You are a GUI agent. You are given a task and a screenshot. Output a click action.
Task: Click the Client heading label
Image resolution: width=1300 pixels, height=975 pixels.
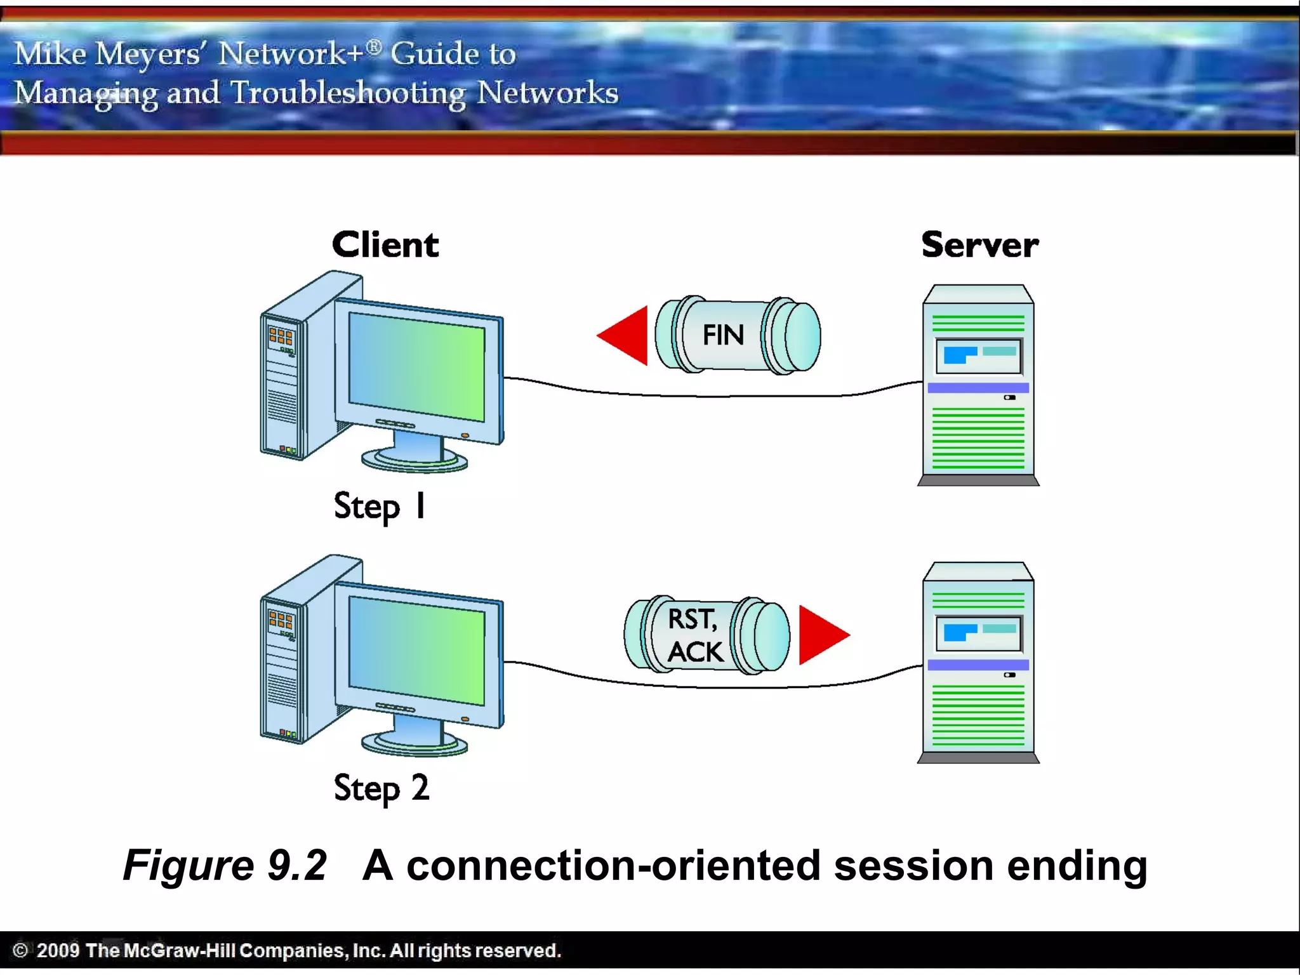tap(385, 245)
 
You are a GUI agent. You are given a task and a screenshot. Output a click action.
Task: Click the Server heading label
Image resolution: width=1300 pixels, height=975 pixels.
tap(979, 245)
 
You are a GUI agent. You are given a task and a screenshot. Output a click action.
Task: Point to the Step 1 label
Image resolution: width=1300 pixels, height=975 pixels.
tap(380, 507)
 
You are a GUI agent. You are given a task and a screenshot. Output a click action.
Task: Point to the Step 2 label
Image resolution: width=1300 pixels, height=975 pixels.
tap(381, 788)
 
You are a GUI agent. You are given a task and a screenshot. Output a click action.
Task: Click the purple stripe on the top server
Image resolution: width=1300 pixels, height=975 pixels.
tap(978, 387)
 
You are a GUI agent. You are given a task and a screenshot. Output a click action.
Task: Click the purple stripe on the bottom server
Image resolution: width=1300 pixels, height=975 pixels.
tap(978, 665)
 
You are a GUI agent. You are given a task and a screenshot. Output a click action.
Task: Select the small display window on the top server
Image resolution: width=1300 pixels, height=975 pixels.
tap(978, 355)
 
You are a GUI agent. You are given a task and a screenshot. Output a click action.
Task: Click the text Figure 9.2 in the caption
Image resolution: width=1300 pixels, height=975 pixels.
tap(225, 865)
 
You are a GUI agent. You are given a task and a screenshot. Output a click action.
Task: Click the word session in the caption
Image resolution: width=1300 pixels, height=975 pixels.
tap(913, 866)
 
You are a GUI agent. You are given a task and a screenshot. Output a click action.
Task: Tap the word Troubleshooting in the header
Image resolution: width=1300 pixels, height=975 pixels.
tap(348, 93)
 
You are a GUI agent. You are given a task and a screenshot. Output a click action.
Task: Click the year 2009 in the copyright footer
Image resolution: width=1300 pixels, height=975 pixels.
tap(58, 950)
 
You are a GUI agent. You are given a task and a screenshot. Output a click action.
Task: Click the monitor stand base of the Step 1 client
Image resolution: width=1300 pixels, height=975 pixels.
tap(414, 460)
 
